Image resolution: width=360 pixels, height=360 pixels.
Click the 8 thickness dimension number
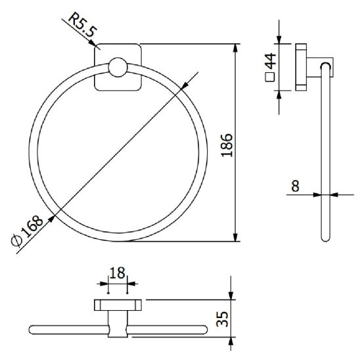(x=295, y=186)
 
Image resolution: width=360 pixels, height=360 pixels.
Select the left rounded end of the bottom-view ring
(x=33, y=329)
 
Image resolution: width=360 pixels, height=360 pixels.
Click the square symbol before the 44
(x=270, y=78)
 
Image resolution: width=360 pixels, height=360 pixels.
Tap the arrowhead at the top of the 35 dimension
(x=231, y=296)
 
